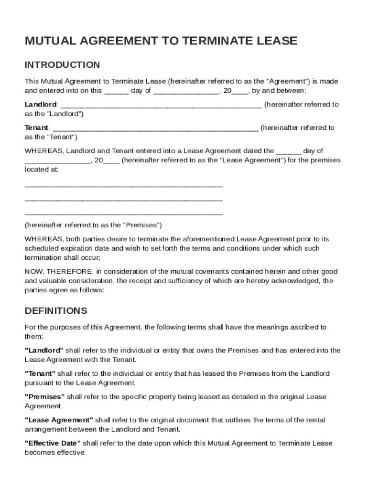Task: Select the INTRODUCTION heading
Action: coord(62,65)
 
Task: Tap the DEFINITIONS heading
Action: coord(56,311)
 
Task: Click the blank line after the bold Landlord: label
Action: coord(161,105)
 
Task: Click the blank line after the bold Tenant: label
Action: coord(155,128)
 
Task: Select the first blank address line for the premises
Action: coord(123,185)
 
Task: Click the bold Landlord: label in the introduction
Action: coord(41,105)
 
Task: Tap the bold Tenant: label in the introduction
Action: coord(37,128)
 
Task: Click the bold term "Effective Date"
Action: coord(53,443)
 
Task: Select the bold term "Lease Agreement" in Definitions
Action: coord(59,420)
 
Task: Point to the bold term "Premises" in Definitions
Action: coord(44,397)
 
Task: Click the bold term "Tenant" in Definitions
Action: coord(40,373)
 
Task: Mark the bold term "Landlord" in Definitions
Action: coord(44,351)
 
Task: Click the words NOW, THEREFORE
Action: coord(57,272)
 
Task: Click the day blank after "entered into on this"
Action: coord(116,91)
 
